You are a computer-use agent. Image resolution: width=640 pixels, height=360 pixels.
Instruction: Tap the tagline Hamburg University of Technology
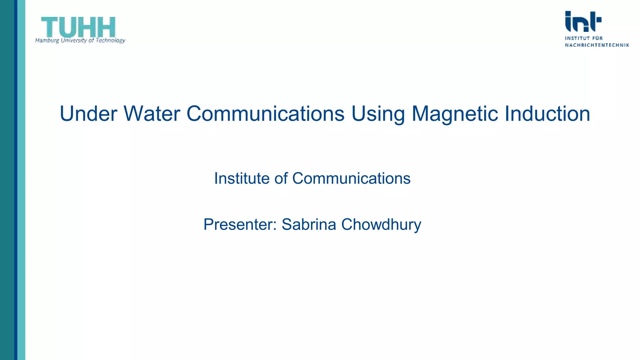pyautogui.click(x=80, y=40)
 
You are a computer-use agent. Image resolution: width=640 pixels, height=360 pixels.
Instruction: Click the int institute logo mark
pyautogui.click(x=583, y=22)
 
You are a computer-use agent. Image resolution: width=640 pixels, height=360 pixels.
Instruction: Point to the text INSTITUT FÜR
pyautogui.click(x=584, y=38)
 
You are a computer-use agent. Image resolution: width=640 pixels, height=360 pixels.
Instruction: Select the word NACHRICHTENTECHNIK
pyautogui.click(x=597, y=45)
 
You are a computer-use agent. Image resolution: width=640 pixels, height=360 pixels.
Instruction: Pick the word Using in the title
pyautogui.click(x=378, y=114)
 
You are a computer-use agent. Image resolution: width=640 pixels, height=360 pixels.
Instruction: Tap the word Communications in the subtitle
pyautogui.click(x=351, y=178)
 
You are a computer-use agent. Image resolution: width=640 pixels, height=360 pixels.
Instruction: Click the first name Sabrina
pyautogui.click(x=309, y=224)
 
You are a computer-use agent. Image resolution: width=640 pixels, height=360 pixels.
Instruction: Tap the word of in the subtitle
pyautogui.click(x=281, y=178)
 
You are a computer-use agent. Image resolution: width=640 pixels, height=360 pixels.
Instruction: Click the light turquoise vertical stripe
pyautogui.click(x=21, y=180)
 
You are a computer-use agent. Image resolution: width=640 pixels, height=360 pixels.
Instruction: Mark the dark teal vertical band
pyautogui.click(x=7, y=180)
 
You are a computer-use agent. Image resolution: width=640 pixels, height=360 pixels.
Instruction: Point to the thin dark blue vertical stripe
pyautogui.click(x=16, y=180)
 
